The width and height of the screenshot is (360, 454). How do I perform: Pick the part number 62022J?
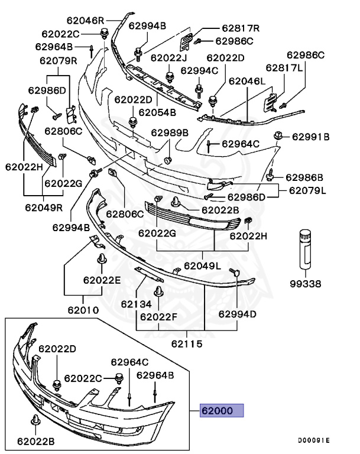pyautogui.click(x=168, y=57)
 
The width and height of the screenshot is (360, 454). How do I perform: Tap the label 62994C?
pyautogui.click(x=199, y=70)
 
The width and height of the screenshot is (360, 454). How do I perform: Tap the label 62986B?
pyautogui.click(x=304, y=177)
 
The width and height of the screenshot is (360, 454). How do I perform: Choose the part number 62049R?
pyautogui.click(x=43, y=207)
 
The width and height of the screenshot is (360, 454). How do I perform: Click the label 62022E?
pyautogui.click(x=101, y=280)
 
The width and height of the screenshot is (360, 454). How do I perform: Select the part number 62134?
pyautogui.click(x=137, y=304)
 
